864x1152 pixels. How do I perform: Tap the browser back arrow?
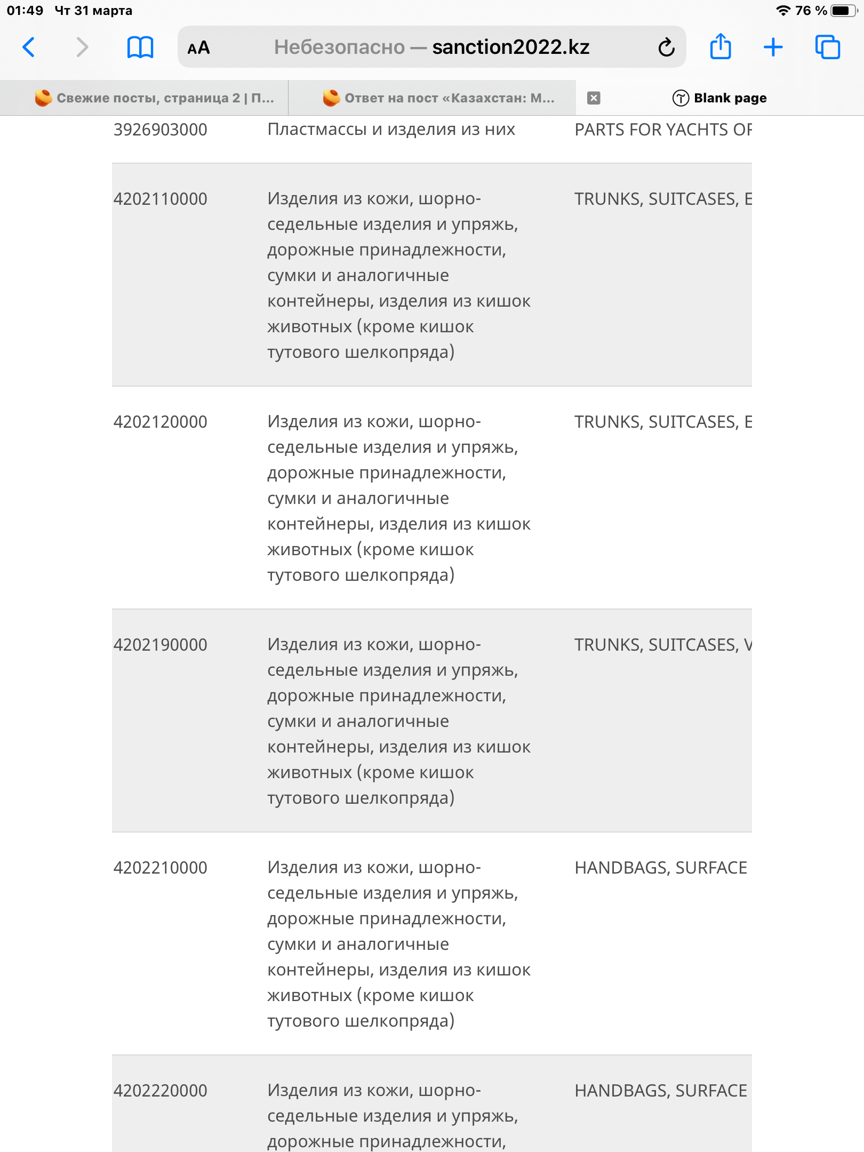pyautogui.click(x=29, y=47)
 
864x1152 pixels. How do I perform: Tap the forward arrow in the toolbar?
pyautogui.click(x=82, y=47)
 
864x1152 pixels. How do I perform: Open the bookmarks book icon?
pyautogui.click(x=140, y=47)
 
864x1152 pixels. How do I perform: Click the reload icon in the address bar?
pyautogui.click(x=666, y=47)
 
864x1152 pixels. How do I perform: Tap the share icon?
pyautogui.click(x=720, y=46)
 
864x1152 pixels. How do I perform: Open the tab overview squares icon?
pyautogui.click(x=827, y=47)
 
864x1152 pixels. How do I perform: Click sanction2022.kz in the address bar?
pyautogui.click(x=510, y=47)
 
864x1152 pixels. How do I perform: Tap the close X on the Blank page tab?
pyautogui.click(x=594, y=98)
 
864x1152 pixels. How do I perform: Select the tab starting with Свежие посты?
pyautogui.click(x=155, y=98)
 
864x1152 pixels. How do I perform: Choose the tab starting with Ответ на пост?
pyautogui.click(x=438, y=98)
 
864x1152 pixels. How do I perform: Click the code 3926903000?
pyautogui.click(x=160, y=130)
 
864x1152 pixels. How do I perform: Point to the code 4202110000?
pyautogui.click(x=160, y=199)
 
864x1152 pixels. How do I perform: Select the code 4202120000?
pyautogui.click(x=160, y=422)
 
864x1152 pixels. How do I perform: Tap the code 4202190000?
pyautogui.click(x=160, y=645)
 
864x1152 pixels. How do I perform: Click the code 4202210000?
pyautogui.click(x=160, y=868)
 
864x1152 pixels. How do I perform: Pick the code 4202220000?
pyautogui.click(x=160, y=1091)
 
